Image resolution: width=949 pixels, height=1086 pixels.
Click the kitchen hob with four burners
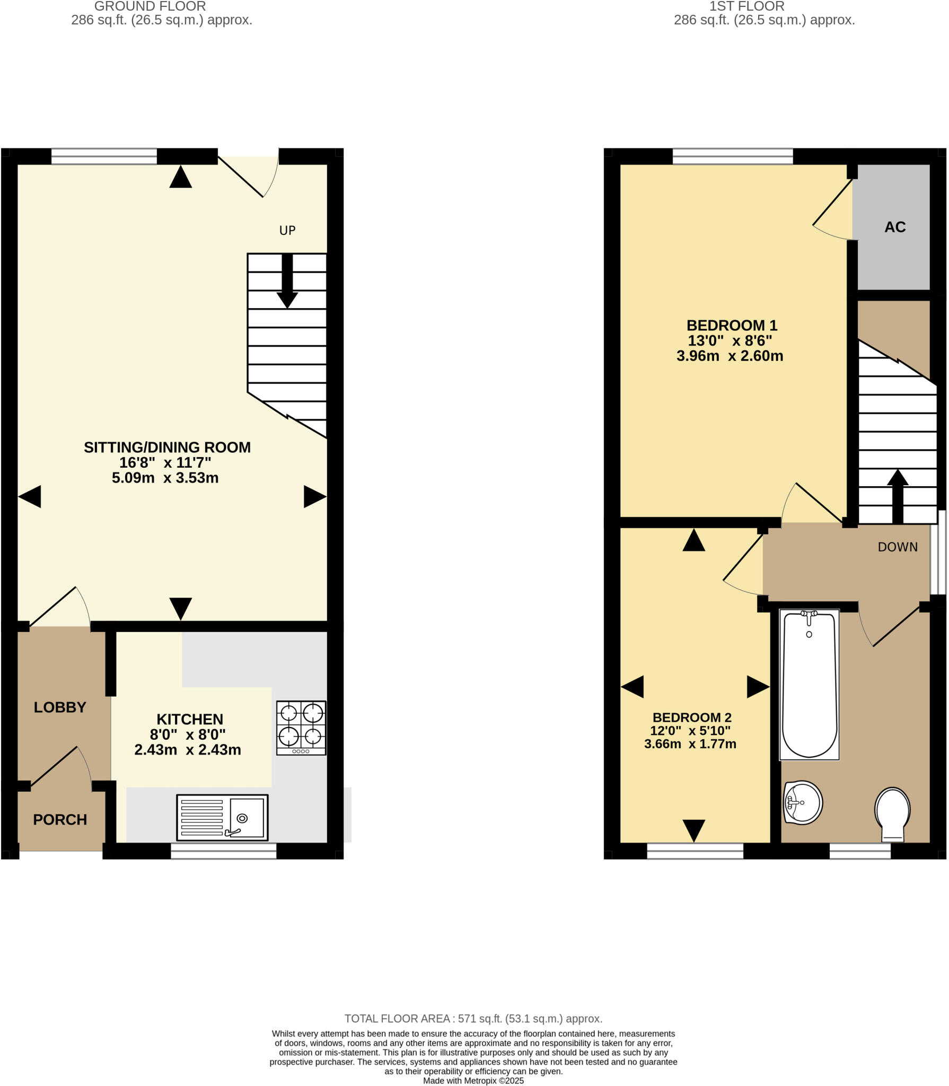[301, 728]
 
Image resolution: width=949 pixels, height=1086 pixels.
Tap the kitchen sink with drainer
[222, 817]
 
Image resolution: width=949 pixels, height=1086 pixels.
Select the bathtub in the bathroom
[809, 685]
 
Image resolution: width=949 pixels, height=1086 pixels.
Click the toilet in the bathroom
[892, 814]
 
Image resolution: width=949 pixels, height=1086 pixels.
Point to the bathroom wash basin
[803, 802]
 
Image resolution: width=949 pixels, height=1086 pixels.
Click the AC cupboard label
[895, 227]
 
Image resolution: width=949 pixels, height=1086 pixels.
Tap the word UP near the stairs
[287, 230]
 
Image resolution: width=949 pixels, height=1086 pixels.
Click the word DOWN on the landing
[898, 547]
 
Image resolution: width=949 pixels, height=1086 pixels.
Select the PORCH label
[60, 819]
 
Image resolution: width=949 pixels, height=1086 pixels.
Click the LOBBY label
[60, 707]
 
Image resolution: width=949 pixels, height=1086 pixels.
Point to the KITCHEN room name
[190, 719]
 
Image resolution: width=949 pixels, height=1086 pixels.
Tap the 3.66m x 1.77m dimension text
[690, 743]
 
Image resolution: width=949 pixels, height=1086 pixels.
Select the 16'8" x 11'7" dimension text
[165, 462]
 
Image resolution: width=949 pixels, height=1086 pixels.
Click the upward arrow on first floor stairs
[898, 495]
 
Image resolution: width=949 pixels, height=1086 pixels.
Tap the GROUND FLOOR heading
[150, 6]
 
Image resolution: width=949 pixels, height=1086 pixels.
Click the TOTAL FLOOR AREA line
[473, 1018]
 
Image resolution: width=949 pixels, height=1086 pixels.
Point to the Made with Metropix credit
[473, 1080]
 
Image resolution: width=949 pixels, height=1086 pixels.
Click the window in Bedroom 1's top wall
[733, 156]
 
